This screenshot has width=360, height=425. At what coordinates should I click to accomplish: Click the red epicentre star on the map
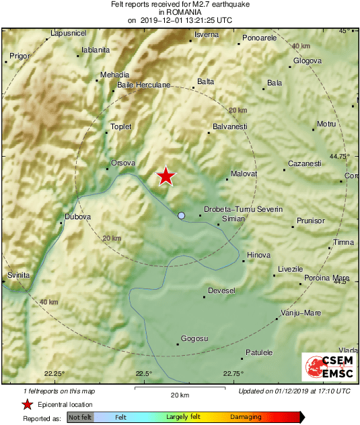[x=166, y=176]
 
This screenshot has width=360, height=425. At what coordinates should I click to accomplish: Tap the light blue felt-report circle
[x=181, y=215]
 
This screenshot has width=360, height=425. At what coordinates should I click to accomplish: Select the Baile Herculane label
[x=144, y=85]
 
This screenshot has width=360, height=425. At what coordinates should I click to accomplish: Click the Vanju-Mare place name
[x=302, y=313]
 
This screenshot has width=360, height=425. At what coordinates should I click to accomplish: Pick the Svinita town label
[x=19, y=276]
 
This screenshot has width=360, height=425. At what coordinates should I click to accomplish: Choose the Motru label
[x=326, y=124]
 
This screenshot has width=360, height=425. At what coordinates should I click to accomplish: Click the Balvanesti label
[x=230, y=126]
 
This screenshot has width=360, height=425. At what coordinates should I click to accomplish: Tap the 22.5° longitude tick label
[x=144, y=374]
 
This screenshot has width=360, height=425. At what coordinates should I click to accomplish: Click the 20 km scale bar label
[x=179, y=394]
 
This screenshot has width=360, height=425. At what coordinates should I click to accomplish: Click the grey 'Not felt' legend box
[x=80, y=418]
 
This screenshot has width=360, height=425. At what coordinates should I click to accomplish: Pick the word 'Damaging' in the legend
[x=246, y=418]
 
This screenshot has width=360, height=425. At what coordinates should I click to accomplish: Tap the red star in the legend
[x=27, y=404]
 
